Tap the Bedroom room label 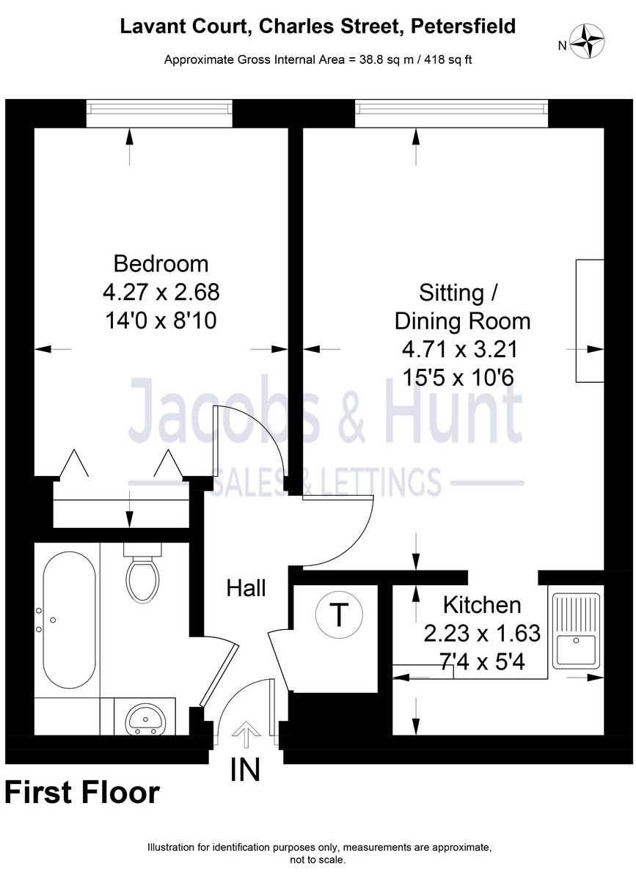(x=161, y=263)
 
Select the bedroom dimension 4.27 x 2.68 (x=161, y=292)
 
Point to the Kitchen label (x=482, y=605)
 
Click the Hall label (x=246, y=587)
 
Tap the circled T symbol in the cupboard (x=338, y=615)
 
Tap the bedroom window (x=159, y=112)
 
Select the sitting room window (x=451, y=112)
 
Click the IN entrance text (x=245, y=770)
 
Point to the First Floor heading (x=81, y=793)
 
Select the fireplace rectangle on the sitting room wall (x=590, y=320)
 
